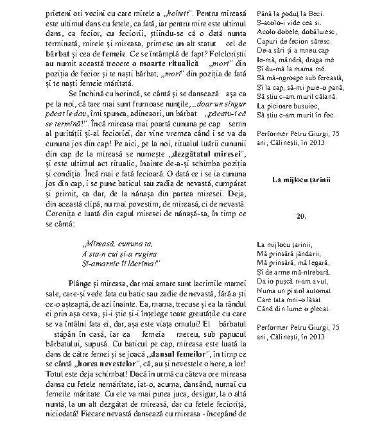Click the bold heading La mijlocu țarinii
click(x=301, y=180)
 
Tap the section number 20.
click(x=301, y=216)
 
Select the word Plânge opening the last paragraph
click(x=81, y=283)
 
